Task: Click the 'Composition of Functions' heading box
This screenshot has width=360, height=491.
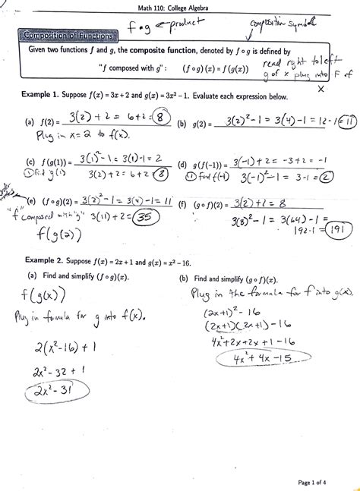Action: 68,36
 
